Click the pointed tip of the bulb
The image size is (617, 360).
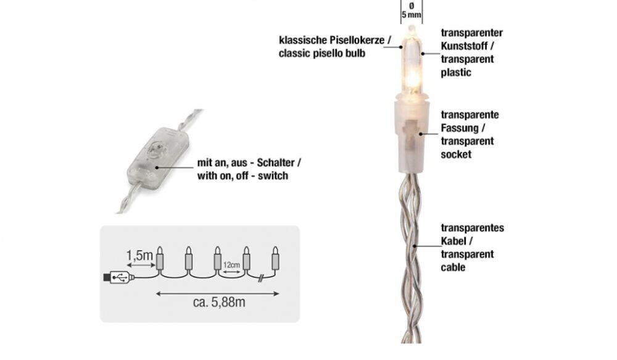click(x=411, y=28)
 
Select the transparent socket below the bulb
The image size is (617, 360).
click(x=410, y=136)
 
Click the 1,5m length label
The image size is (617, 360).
click(x=138, y=254)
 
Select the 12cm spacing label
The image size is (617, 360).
click(x=232, y=264)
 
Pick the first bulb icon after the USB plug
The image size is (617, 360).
click(x=160, y=259)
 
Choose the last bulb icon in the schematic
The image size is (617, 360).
click(x=276, y=259)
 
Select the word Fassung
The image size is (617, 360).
click(x=459, y=128)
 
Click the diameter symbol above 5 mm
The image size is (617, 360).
click(x=410, y=5)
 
